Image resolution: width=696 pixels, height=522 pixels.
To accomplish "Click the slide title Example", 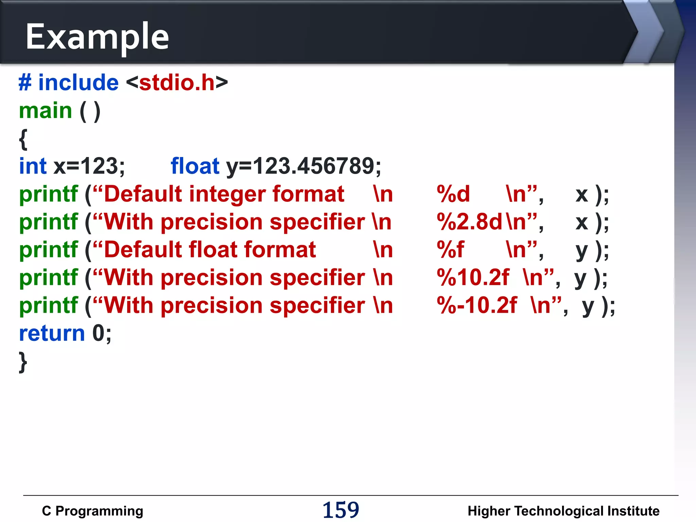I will tap(97, 37).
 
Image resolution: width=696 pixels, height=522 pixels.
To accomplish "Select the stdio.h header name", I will tap(177, 83).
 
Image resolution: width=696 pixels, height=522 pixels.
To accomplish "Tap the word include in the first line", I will tap(79, 83).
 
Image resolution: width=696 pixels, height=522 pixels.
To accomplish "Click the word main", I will tap(46, 111).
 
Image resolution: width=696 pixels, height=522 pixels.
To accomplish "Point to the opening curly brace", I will tap(23, 139).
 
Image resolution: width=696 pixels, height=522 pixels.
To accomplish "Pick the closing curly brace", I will tap(23, 362).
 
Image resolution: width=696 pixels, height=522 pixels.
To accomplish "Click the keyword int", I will tap(33, 166).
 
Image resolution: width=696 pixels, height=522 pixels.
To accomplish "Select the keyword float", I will tap(195, 166).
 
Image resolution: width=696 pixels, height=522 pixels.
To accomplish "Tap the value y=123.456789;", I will tap(304, 167).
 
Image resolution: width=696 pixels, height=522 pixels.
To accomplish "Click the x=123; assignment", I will tap(89, 167).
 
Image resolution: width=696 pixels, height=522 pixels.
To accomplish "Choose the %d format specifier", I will tap(453, 194).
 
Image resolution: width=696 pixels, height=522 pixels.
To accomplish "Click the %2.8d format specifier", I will tap(469, 222).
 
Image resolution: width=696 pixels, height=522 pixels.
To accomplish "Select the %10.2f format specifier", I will tap(473, 278).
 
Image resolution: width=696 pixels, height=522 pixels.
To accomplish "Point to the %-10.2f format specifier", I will tap(477, 306).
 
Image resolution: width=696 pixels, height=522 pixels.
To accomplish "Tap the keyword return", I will tap(52, 333).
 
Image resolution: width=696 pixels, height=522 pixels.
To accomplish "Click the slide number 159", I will tap(341, 510).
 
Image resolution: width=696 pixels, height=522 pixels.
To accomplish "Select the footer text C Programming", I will tap(92, 511).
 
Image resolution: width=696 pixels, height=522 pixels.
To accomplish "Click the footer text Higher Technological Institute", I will tap(563, 511).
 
